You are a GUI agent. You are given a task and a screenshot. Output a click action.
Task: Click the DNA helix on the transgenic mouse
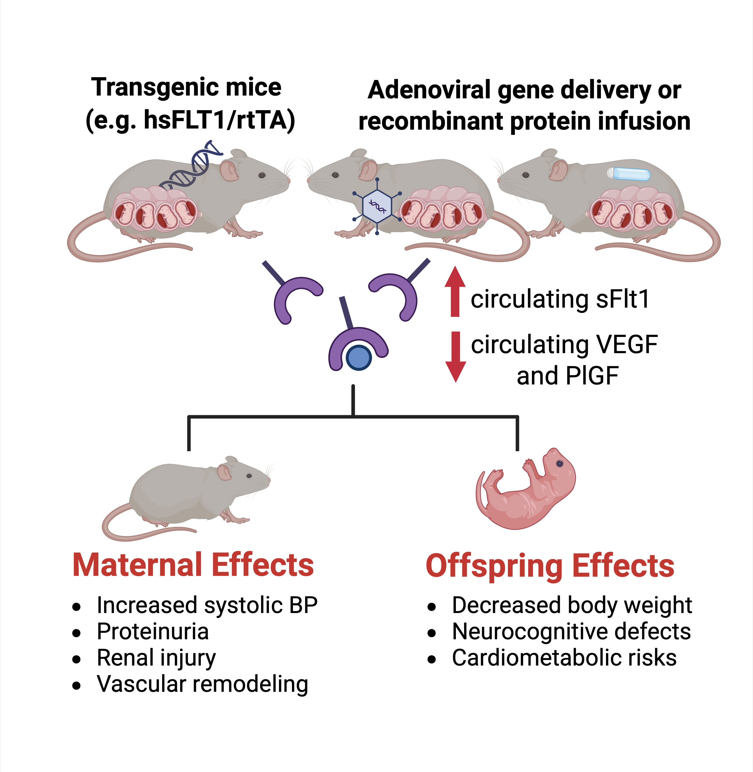(191, 165)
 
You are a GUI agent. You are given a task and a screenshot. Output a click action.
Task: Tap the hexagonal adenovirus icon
(377, 206)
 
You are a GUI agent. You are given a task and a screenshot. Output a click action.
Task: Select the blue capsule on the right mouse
(629, 174)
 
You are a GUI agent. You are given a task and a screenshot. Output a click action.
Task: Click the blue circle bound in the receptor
(358, 358)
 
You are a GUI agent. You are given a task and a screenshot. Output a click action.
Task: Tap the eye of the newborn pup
(560, 464)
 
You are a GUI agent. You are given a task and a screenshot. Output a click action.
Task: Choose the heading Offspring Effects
(550, 566)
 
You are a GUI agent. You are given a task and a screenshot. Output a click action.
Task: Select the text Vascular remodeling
(202, 684)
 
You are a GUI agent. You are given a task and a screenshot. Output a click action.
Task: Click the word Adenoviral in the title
(429, 90)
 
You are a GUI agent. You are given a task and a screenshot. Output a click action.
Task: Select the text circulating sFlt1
(560, 299)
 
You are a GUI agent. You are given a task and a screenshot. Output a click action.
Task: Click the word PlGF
(592, 376)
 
